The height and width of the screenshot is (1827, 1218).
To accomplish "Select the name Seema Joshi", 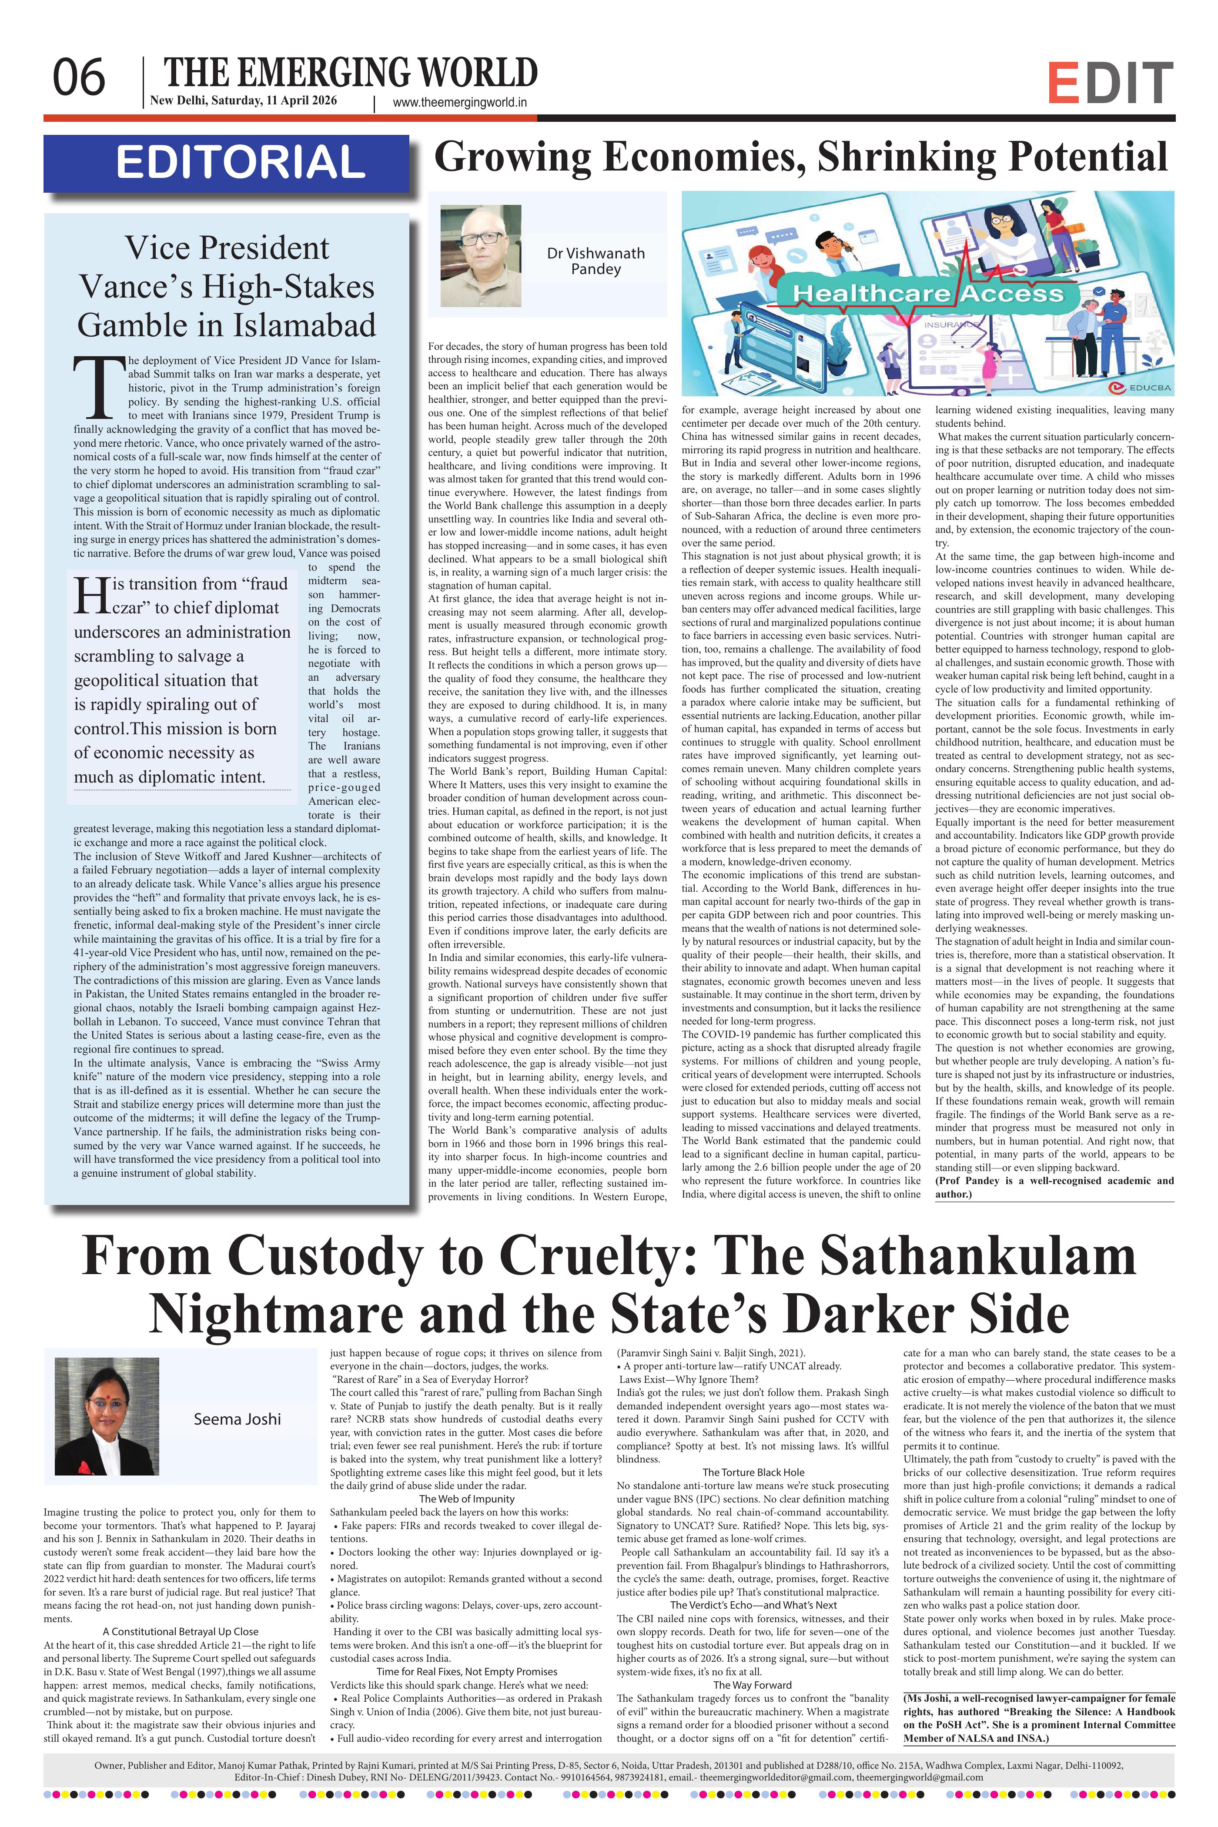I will point(237,1419).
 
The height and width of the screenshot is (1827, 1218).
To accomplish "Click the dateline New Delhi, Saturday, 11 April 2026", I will point(243,100).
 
